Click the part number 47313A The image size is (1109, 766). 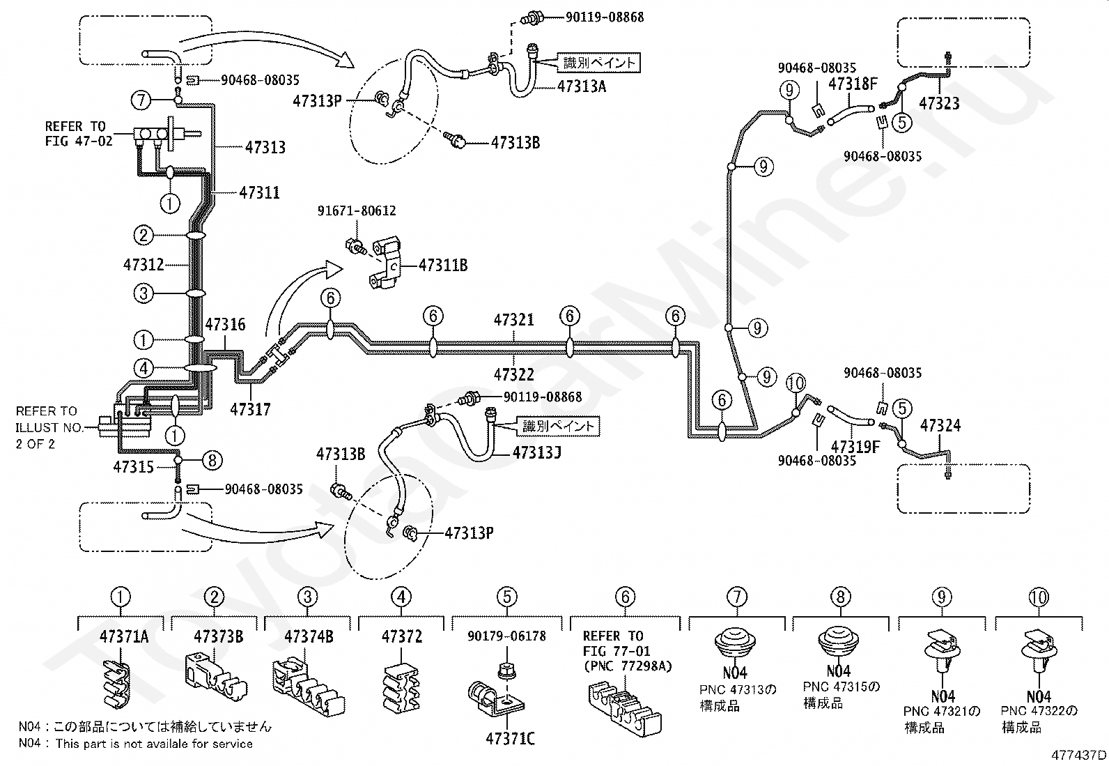(x=582, y=86)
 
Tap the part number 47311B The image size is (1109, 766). (x=443, y=266)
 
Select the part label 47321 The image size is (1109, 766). (x=514, y=320)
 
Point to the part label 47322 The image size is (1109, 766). (x=514, y=374)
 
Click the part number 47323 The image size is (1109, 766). (x=939, y=104)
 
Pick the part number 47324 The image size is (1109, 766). (x=940, y=426)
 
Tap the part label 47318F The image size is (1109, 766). (x=853, y=84)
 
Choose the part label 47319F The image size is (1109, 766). (x=855, y=447)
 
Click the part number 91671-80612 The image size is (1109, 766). (x=357, y=211)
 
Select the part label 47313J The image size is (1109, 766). (x=537, y=453)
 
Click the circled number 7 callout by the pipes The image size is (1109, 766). (x=141, y=100)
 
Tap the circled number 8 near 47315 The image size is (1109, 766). (x=212, y=460)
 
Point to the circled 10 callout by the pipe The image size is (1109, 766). (x=796, y=383)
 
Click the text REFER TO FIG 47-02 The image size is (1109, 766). (x=79, y=134)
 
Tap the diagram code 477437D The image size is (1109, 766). (x=1079, y=755)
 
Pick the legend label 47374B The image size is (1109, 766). (x=309, y=636)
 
